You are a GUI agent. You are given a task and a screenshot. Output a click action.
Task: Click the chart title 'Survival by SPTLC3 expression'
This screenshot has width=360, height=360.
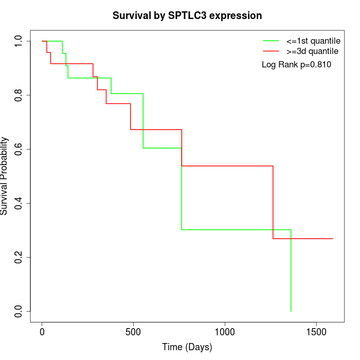pyautogui.click(x=187, y=16)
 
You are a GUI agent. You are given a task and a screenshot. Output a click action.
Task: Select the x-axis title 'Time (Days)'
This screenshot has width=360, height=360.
pyautogui.click(x=187, y=348)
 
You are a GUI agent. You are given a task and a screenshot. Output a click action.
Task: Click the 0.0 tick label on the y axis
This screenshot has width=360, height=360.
pyautogui.click(x=19, y=311)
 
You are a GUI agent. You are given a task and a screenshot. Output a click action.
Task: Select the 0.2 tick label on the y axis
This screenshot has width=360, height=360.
pyautogui.click(x=19, y=257)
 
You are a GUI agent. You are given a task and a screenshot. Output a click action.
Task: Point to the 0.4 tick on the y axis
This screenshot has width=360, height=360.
pyautogui.click(x=19, y=203)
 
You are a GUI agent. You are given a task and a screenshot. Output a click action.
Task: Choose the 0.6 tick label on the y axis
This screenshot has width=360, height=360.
pyautogui.click(x=19, y=149)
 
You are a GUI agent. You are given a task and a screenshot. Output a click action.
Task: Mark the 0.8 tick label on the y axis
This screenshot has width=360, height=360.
pyautogui.click(x=19, y=95)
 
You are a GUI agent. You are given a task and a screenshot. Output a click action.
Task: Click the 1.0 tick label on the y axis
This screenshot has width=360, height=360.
pyautogui.click(x=19, y=41)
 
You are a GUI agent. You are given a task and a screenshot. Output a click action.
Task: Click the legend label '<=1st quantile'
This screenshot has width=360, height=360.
pyautogui.click(x=313, y=41)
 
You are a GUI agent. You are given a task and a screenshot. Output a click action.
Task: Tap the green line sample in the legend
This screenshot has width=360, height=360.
pyautogui.click(x=271, y=41)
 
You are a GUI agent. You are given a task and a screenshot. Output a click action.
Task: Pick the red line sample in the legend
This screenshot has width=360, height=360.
pyautogui.click(x=271, y=51)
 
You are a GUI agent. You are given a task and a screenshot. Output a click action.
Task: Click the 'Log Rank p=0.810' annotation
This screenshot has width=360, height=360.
pyautogui.click(x=297, y=65)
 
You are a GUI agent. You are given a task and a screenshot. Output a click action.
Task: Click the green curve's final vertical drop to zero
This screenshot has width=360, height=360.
pyautogui.click(x=291, y=273)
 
